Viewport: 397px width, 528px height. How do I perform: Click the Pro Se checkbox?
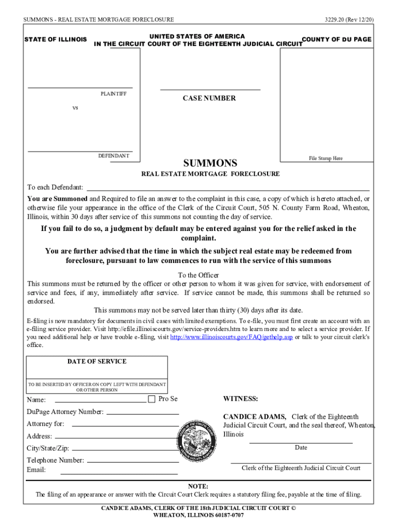(152, 399)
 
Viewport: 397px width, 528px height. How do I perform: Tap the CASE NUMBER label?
(209, 98)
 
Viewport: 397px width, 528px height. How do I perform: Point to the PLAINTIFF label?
(113, 94)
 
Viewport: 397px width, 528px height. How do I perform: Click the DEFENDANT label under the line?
(114, 156)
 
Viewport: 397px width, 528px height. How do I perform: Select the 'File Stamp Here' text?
(325, 158)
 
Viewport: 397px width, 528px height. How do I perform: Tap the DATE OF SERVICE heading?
(97, 361)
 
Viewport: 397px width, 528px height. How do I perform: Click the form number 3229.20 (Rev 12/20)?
(349, 20)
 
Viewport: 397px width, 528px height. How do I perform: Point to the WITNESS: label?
(240, 399)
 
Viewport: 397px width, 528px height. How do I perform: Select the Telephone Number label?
(55, 460)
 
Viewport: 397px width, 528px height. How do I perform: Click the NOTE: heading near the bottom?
(198, 486)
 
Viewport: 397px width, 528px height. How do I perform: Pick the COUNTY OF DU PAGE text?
(336, 40)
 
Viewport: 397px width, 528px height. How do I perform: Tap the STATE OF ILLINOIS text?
(56, 40)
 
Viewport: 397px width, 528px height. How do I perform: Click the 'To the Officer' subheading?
(198, 275)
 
